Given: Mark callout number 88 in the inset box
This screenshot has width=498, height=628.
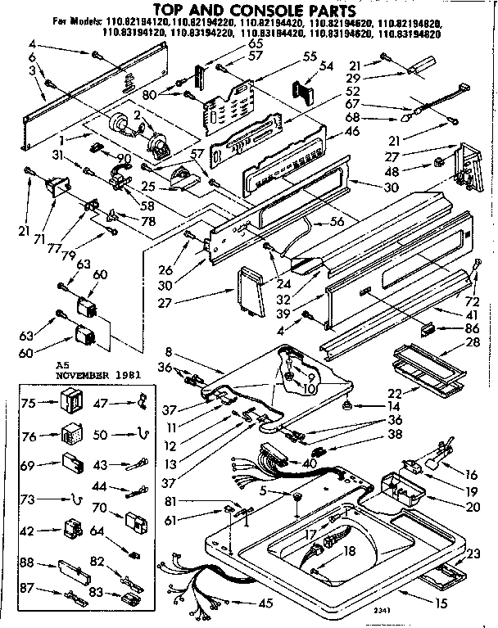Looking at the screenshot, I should [x=28, y=564].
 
